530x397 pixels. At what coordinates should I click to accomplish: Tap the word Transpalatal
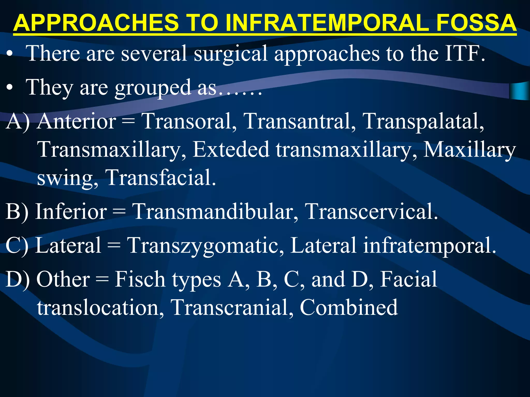point(423,121)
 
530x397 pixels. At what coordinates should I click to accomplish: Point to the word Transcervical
point(371,211)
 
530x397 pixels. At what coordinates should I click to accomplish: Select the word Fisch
point(140,279)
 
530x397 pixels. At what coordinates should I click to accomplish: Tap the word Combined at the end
point(348,308)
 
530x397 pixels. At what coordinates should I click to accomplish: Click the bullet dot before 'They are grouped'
point(10,88)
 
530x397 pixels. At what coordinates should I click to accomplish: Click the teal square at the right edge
point(520,91)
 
